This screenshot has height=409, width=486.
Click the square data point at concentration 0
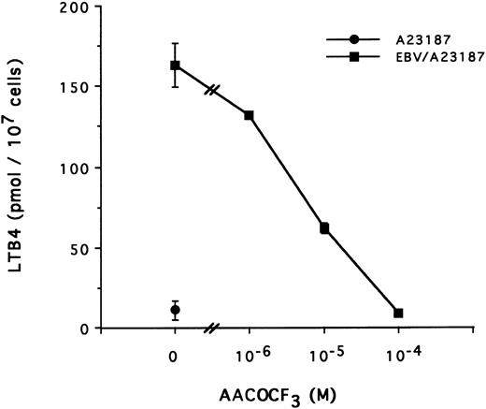click(x=175, y=66)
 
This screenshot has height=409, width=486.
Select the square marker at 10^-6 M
click(x=250, y=115)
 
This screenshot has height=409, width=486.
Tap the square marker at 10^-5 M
click(x=324, y=227)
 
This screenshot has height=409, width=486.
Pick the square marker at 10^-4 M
click(x=399, y=313)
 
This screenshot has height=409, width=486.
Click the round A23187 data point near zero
click(x=175, y=310)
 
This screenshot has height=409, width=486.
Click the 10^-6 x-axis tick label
click(x=250, y=355)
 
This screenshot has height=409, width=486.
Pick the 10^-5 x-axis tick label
click(x=324, y=355)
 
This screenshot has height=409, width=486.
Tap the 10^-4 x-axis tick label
click(x=399, y=355)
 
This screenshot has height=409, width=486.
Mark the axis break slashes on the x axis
click(x=212, y=329)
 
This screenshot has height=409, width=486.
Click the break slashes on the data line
click(x=213, y=91)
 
